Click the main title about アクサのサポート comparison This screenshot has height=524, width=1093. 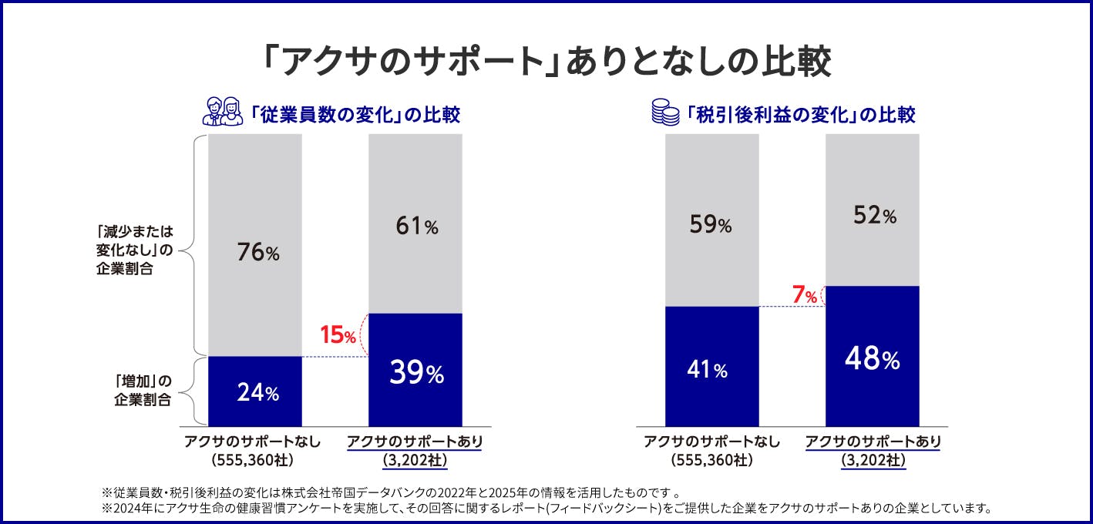point(546,62)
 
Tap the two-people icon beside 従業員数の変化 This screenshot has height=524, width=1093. point(222,113)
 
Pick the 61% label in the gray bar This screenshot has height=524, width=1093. point(415,227)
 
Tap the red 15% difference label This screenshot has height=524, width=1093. point(338,336)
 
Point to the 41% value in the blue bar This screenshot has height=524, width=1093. point(707,370)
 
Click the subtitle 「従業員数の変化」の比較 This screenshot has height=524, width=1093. point(355,115)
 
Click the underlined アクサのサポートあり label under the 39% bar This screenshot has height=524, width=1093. point(415,442)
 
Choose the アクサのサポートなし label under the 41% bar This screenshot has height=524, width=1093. point(711,442)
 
